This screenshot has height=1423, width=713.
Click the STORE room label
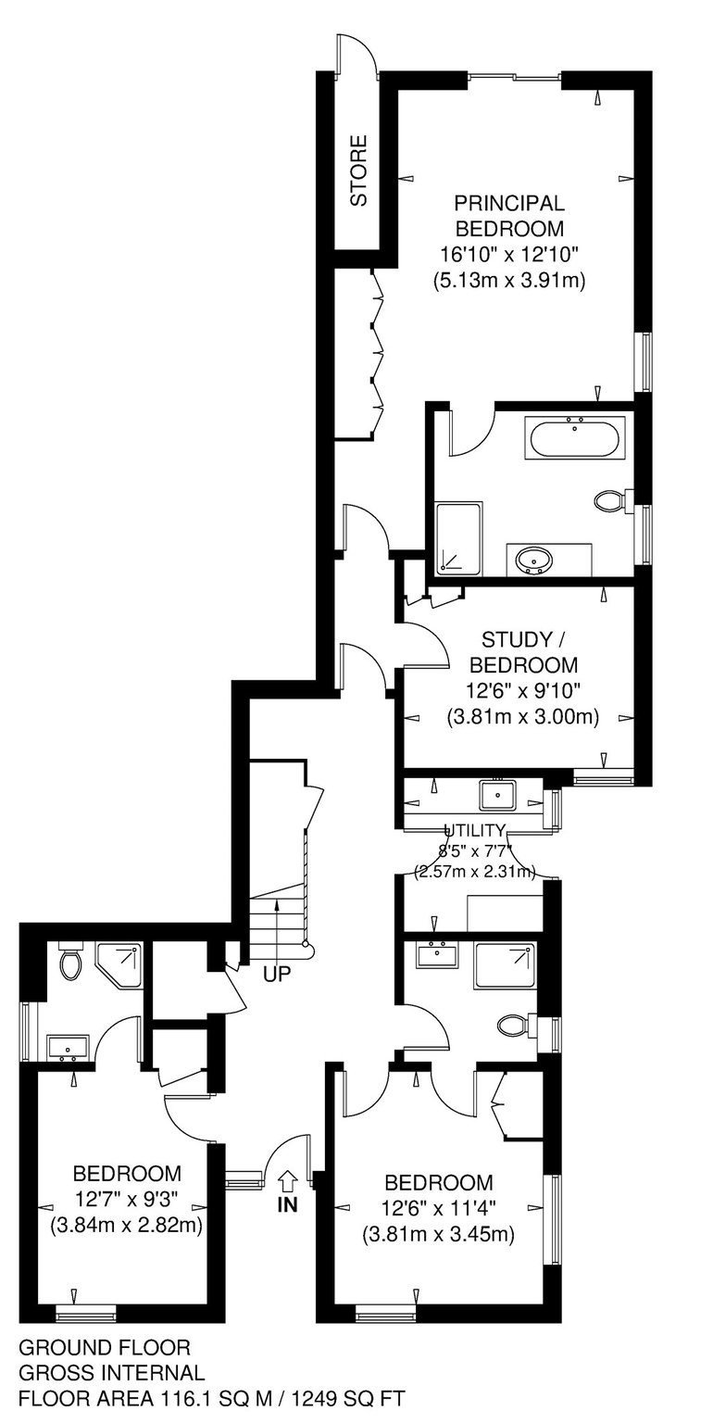(358, 170)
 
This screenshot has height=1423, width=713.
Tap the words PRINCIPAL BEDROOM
(509, 215)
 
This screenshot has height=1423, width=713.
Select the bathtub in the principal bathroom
(574, 437)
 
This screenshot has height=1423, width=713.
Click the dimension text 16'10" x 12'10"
(509, 255)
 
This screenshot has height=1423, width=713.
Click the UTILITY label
(474, 830)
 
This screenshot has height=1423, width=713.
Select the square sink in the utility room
(498, 794)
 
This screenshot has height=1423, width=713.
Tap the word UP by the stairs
(277, 974)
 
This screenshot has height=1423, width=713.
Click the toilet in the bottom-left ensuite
(69, 963)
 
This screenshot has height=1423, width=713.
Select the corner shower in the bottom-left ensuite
(119, 964)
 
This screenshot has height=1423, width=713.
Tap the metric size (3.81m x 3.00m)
(523, 717)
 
